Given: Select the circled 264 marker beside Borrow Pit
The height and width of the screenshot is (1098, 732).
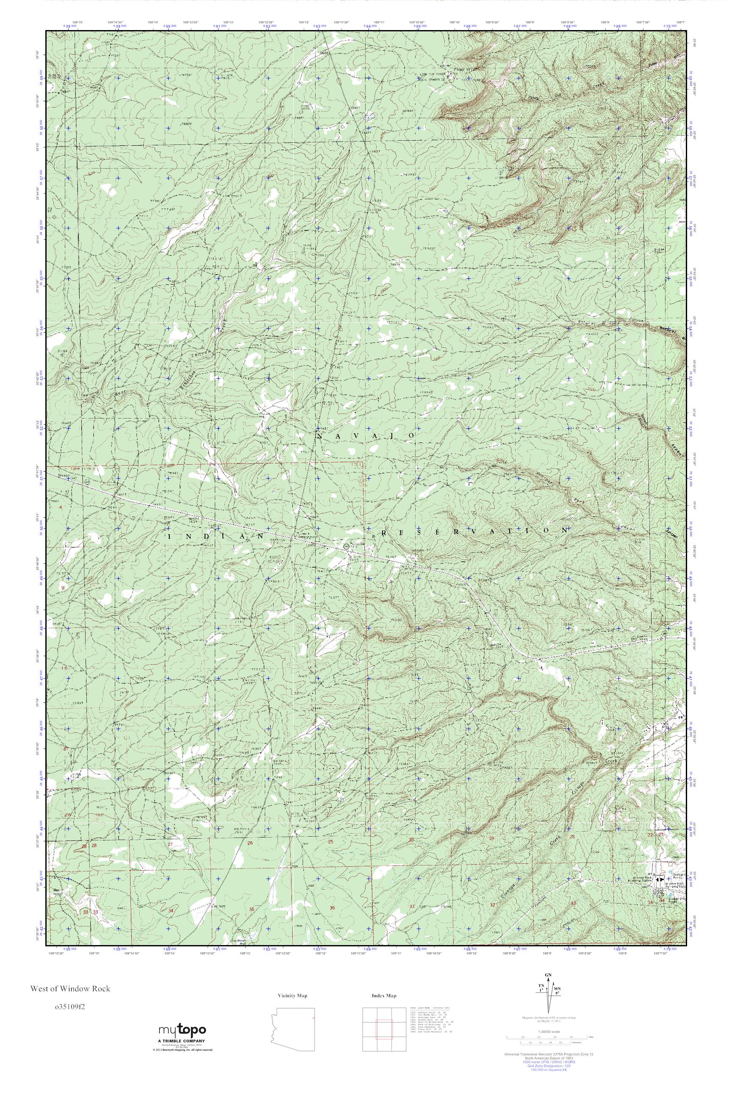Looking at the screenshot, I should click(346, 546).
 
